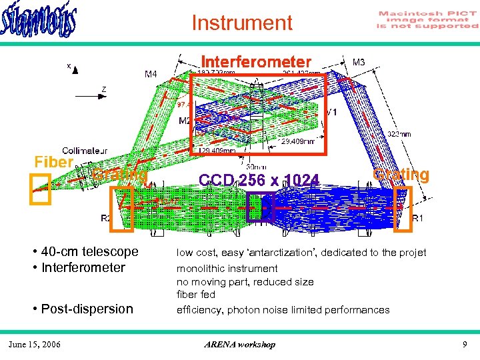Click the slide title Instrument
pos(241,23)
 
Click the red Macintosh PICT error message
pos(427,20)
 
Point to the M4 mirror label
pos(151,74)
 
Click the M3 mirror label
pos(359,62)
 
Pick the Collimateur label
pos(85,151)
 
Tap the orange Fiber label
pos(53,162)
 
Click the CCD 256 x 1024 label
pos(259,179)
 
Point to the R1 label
pos(418,218)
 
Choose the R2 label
pos(106,218)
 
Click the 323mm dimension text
pos(398,133)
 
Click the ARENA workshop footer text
pos(241,345)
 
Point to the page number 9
pos(465,344)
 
